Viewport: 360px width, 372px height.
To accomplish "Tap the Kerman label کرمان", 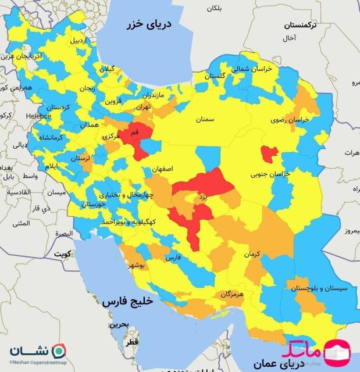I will click(x=251, y=255).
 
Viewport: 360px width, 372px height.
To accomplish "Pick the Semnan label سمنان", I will click(x=205, y=119).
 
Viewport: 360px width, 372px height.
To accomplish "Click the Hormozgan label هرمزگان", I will click(x=231, y=295).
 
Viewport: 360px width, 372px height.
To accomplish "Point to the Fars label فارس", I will click(x=174, y=257).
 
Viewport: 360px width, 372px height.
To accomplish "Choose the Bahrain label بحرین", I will click(x=120, y=324).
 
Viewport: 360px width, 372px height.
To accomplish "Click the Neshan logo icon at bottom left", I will click(x=58, y=351).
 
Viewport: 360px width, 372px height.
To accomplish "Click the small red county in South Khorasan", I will click(x=269, y=154).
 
